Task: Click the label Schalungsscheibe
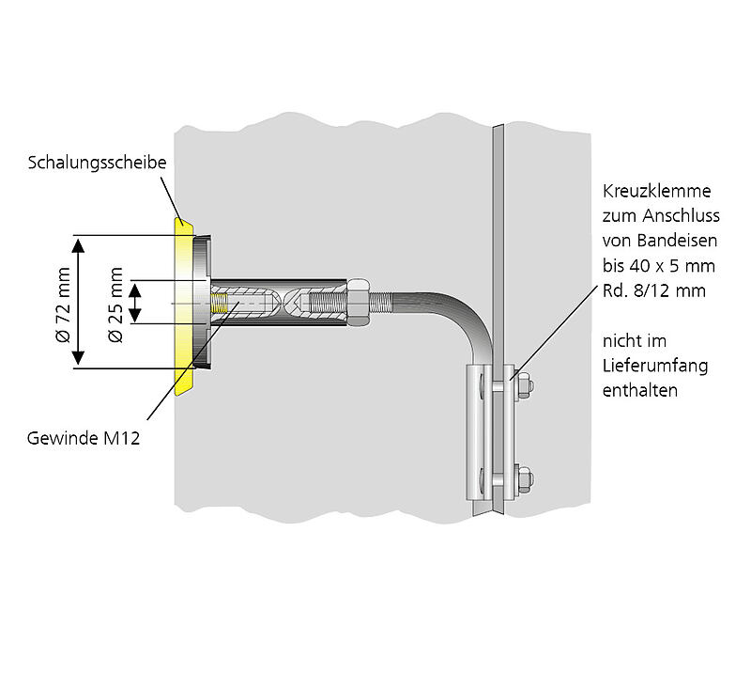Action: pos(98,163)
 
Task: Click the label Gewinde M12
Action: pos(84,438)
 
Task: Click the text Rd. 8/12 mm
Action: pos(653,290)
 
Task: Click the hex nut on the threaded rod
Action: pos(358,302)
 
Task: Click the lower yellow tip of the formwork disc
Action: pos(184,381)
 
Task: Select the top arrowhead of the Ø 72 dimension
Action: pos(80,244)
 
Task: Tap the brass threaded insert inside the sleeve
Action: pos(221,303)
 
